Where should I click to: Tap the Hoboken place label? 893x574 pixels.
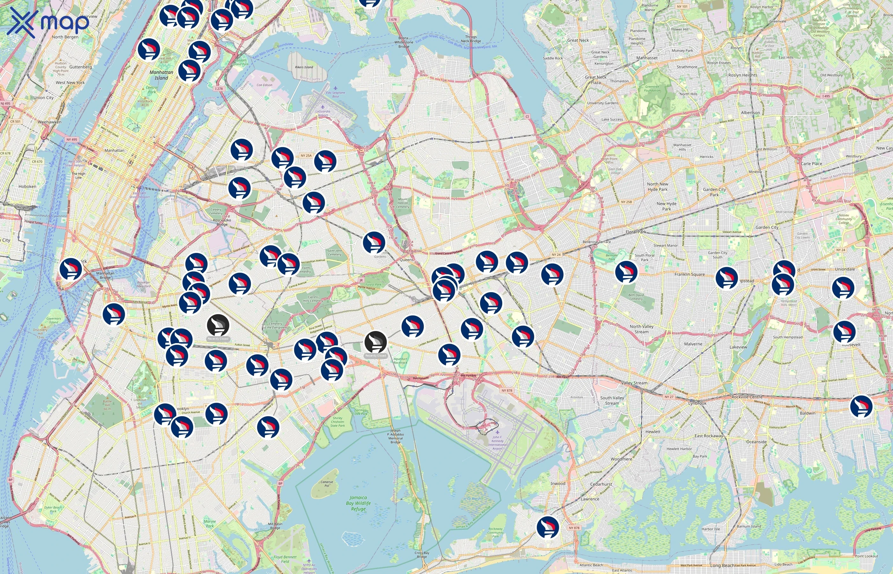[x=27, y=186]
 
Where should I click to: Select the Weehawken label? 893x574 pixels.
[x=49, y=122]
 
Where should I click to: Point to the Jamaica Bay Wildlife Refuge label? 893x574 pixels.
[x=358, y=503]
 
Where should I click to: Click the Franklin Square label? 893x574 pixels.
[x=689, y=274]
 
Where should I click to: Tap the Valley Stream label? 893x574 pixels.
[x=634, y=383]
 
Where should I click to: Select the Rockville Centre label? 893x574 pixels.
[x=747, y=397]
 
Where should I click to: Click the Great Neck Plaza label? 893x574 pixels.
[x=595, y=80]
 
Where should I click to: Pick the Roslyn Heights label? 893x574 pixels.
[x=742, y=75]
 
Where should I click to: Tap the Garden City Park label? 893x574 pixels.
[x=714, y=192]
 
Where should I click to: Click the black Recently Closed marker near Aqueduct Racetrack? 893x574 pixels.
[x=375, y=342]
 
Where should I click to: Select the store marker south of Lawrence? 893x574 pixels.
[x=548, y=527]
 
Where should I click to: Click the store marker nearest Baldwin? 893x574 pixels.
[x=861, y=406]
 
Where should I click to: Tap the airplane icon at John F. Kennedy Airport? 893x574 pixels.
[x=497, y=432]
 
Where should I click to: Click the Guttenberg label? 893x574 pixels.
[x=80, y=67]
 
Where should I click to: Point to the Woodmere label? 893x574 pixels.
[x=621, y=459]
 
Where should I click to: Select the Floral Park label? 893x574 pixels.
[x=636, y=232]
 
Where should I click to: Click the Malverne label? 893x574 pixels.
[x=693, y=344]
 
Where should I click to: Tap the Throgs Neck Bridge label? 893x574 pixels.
[x=471, y=39]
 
